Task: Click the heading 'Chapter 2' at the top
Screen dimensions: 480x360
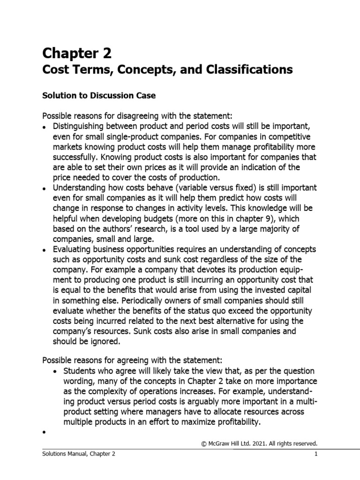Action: click(x=77, y=53)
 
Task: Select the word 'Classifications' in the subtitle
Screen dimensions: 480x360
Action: click(x=251, y=70)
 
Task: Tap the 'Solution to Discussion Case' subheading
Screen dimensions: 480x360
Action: click(x=99, y=96)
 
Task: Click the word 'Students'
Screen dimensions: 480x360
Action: click(x=80, y=370)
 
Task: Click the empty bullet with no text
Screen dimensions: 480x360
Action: click(x=44, y=433)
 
